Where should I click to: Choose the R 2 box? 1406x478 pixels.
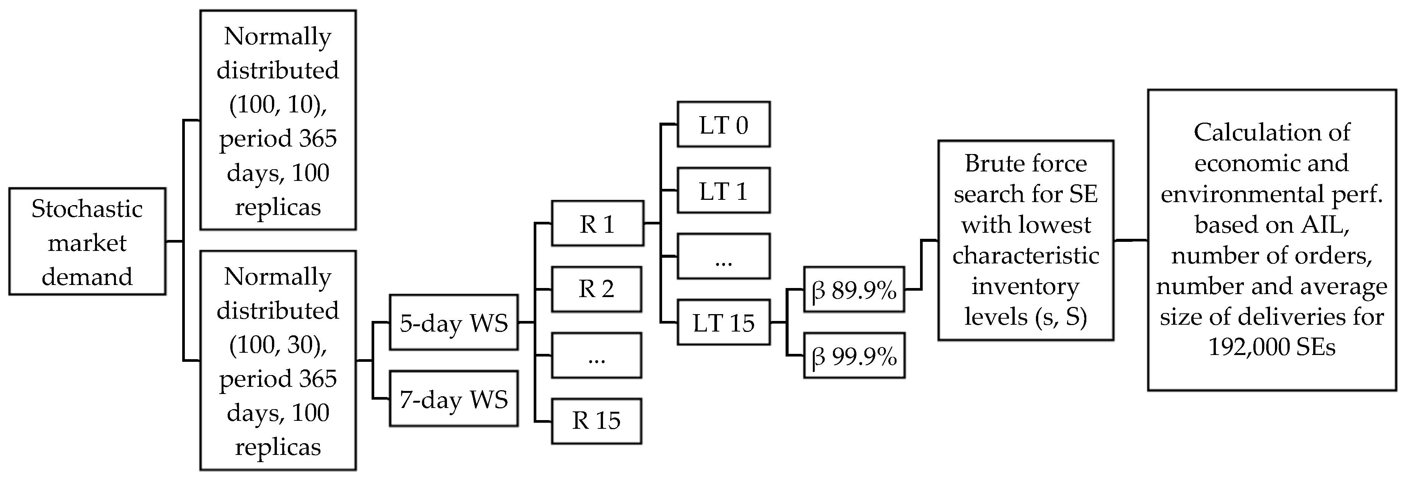coord(596,289)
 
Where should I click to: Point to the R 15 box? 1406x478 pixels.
coord(596,421)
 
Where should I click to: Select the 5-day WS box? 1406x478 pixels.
coord(453,322)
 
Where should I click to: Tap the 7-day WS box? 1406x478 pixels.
coord(453,399)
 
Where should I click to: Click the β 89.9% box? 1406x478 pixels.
coord(854,290)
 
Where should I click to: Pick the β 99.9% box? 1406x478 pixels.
coord(854,356)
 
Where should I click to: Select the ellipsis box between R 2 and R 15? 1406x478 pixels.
coord(596,355)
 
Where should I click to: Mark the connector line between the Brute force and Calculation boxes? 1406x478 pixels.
coord(1130,240)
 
